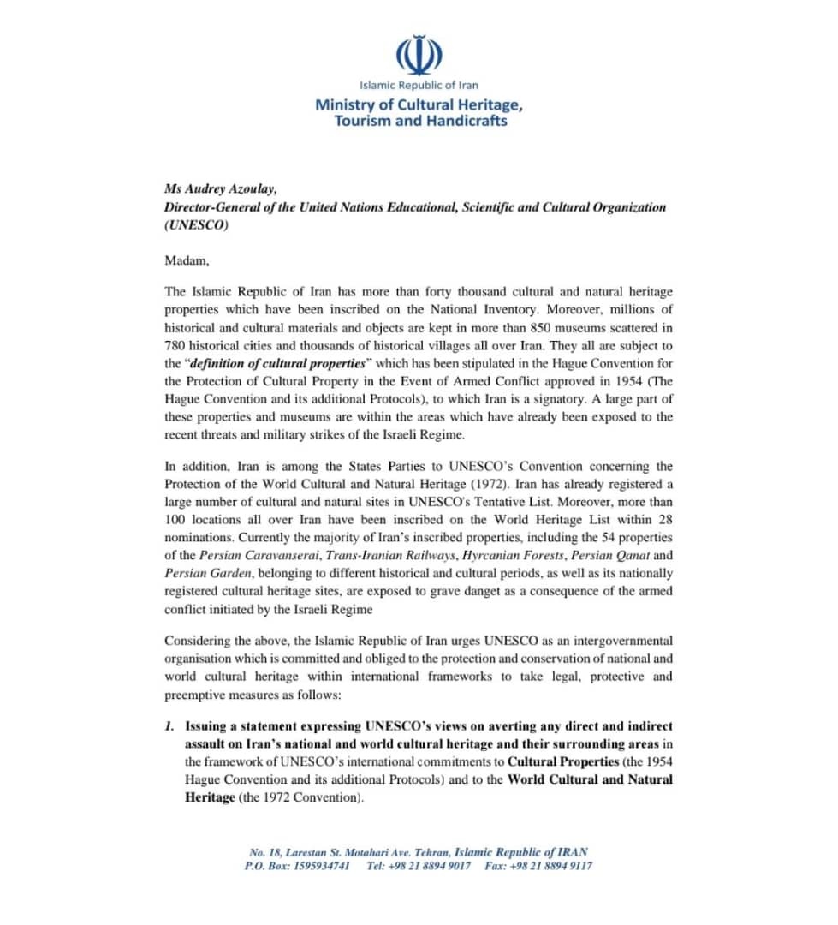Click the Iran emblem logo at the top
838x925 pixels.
(419, 55)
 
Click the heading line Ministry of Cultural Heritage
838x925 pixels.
(419, 104)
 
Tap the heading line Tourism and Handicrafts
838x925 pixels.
(420, 121)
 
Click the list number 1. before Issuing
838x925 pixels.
(169, 726)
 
